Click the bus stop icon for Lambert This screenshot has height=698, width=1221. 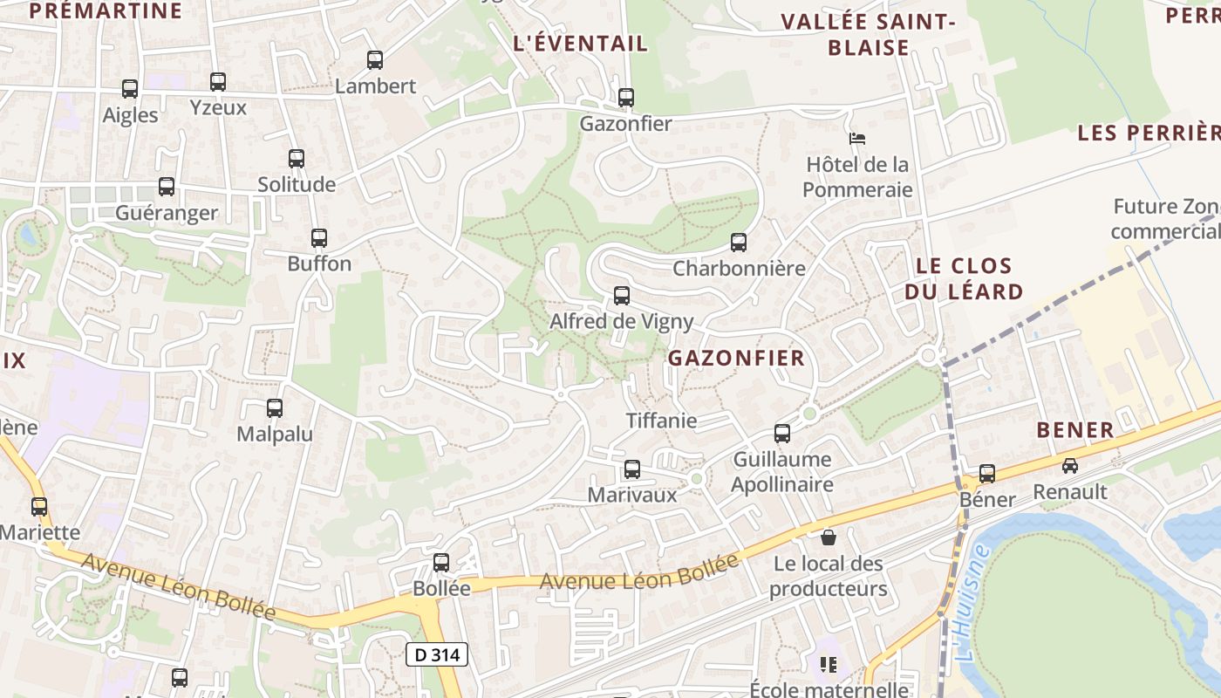[x=375, y=60]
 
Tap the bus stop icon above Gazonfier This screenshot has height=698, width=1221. [x=625, y=98]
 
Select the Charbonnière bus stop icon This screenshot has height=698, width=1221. [x=739, y=243]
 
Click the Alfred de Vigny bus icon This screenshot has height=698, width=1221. [x=622, y=296]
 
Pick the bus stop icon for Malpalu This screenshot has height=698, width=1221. [x=275, y=408]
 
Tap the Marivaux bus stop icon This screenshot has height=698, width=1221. [x=632, y=469]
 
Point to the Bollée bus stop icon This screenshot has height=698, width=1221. [x=441, y=563]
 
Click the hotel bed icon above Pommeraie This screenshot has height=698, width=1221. [x=857, y=139]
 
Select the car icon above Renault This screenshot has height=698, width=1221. [x=1070, y=466]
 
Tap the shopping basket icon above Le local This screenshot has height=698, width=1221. [x=828, y=537]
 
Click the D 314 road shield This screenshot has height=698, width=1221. [x=437, y=654]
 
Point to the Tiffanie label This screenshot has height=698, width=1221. [x=662, y=421]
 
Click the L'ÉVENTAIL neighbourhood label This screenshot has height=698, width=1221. [x=581, y=43]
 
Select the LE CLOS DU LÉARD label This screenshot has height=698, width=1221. [x=964, y=278]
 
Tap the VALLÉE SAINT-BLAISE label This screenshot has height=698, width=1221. [x=869, y=34]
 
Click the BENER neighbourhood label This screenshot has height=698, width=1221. [x=1075, y=429]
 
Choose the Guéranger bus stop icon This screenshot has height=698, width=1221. [x=167, y=187]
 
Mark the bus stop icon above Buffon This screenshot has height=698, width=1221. [x=319, y=238]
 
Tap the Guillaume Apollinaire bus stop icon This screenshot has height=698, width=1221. [x=782, y=434]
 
